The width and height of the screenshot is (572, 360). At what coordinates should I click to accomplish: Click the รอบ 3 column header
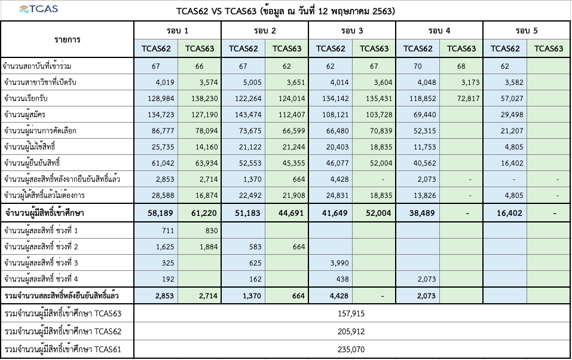tap(352, 30)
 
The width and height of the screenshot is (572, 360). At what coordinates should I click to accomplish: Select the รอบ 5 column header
tap(527, 30)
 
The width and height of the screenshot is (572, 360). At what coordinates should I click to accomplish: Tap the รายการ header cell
tap(67, 39)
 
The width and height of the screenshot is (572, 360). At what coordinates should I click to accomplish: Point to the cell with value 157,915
tap(351, 313)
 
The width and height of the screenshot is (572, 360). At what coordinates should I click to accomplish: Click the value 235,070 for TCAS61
tap(351, 350)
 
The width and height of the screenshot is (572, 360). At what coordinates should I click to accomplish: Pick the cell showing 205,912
tap(351, 331)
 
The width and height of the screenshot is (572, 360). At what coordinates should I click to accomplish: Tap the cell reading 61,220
tap(200, 212)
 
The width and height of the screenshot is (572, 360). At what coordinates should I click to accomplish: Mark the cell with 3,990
tap(331, 263)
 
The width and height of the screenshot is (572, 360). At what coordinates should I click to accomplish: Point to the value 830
tap(200, 231)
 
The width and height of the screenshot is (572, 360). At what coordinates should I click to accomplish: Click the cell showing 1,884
tap(200, 247)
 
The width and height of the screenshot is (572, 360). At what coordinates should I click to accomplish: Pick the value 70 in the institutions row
tap(418, 65)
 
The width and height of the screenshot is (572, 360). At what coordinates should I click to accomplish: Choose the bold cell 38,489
tap(418, 212)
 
